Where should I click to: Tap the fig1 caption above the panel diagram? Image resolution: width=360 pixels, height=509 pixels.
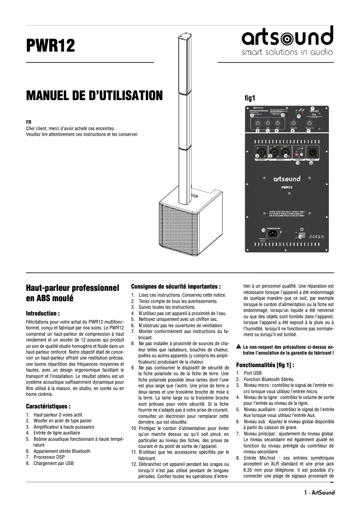click(x=249, y=97)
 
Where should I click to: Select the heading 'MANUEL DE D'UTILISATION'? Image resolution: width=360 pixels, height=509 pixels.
click(x=94, y=96)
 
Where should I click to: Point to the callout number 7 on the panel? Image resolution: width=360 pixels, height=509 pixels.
click(x=308, y=131)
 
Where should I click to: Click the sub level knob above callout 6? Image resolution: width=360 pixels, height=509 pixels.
click(x=293, y=123)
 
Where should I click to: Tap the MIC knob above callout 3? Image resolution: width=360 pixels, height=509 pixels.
click(x=258, y=123)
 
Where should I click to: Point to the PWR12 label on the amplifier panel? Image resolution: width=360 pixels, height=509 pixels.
click(x=287, y=187)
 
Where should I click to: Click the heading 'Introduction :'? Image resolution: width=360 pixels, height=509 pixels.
click(x=43, y=313)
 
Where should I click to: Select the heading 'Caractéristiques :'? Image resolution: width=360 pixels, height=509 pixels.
click(x=48, y=406)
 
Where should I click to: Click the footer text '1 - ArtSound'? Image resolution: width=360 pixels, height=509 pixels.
click(x=319, y=492)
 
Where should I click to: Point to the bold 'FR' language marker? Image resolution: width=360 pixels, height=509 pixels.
click(x=29, y=122)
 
